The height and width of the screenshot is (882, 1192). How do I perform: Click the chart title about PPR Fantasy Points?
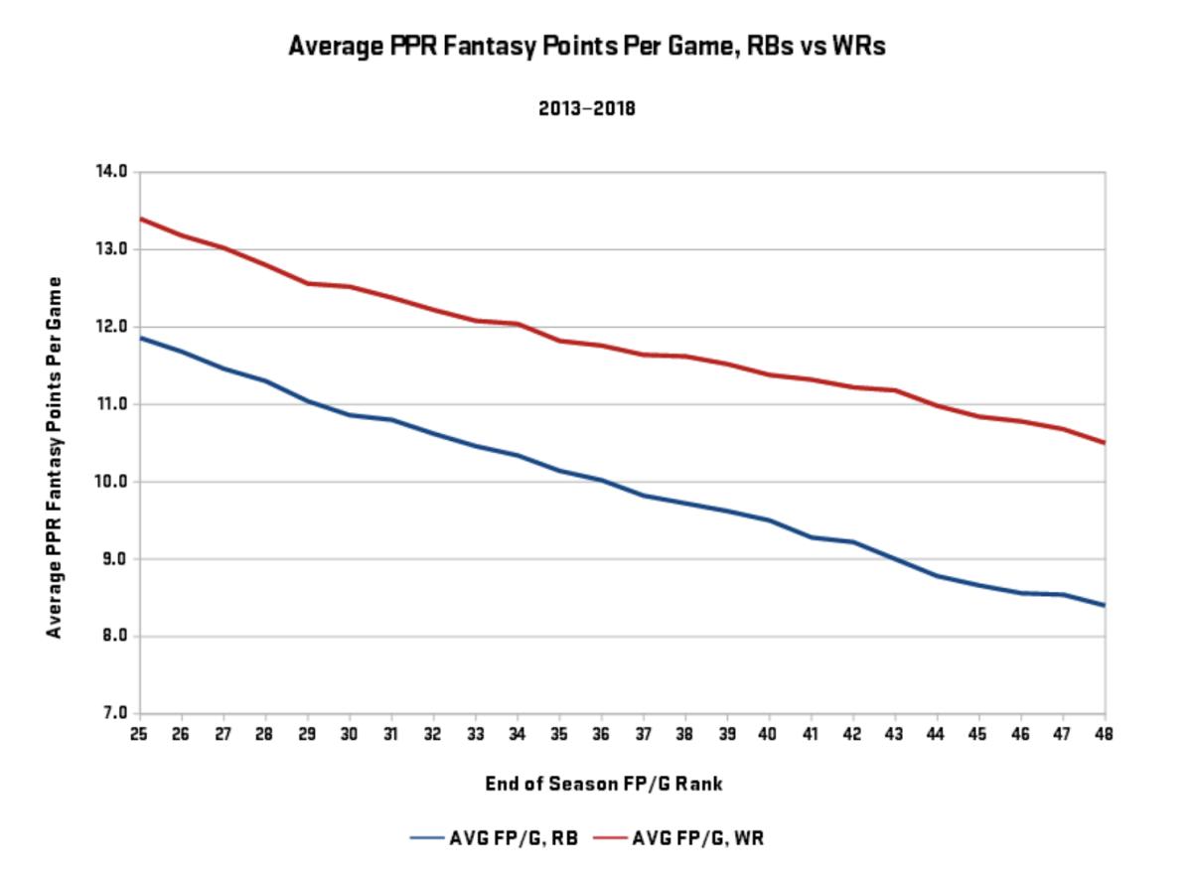click(586, 46)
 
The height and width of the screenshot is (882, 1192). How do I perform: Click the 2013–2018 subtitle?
click(586, 109)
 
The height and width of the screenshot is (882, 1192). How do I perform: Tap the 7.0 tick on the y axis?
click(114, 713)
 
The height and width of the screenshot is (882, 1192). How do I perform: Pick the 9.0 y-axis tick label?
click(114, 559)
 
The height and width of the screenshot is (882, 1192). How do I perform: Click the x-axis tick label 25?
click(139, 734)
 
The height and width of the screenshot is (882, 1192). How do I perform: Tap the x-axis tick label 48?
click(1104, 734)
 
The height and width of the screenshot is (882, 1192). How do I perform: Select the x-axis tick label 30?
click(349, 734)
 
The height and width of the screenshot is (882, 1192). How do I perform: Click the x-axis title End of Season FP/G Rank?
click(604, 784)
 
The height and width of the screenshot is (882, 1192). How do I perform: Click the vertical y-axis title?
click(55, 457)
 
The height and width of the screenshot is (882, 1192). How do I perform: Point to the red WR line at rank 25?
click(140, 219)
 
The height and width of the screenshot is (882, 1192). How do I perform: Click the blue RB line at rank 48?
click(1103, 605)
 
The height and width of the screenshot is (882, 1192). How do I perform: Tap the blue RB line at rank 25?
click(140, 338)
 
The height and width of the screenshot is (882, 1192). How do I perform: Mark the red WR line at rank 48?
click(1103, 442)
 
